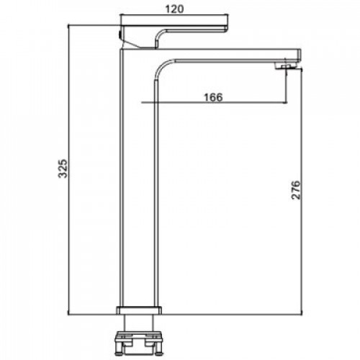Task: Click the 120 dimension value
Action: coord(174,9)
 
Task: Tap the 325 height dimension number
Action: coord(63,168)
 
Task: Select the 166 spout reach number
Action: coord(213,97)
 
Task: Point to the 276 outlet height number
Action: coord(296,190)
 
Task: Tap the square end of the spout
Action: coord(299,55)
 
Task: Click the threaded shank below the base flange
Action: coord(139,323)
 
